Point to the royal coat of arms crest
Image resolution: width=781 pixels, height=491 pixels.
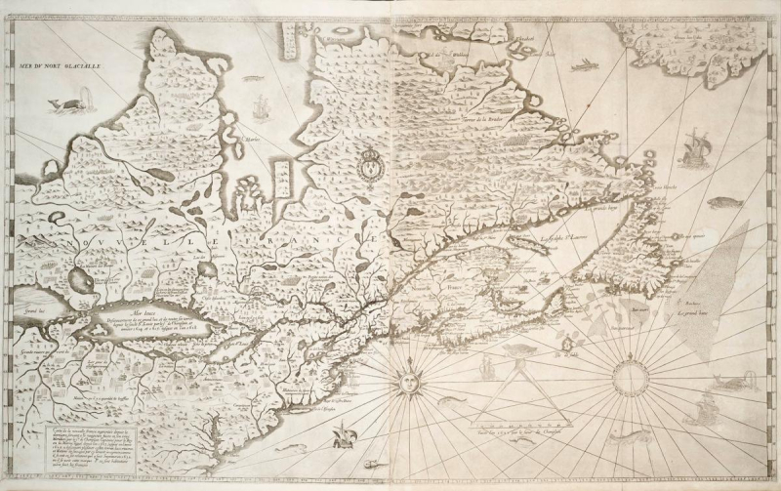[x=372, y=164]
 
